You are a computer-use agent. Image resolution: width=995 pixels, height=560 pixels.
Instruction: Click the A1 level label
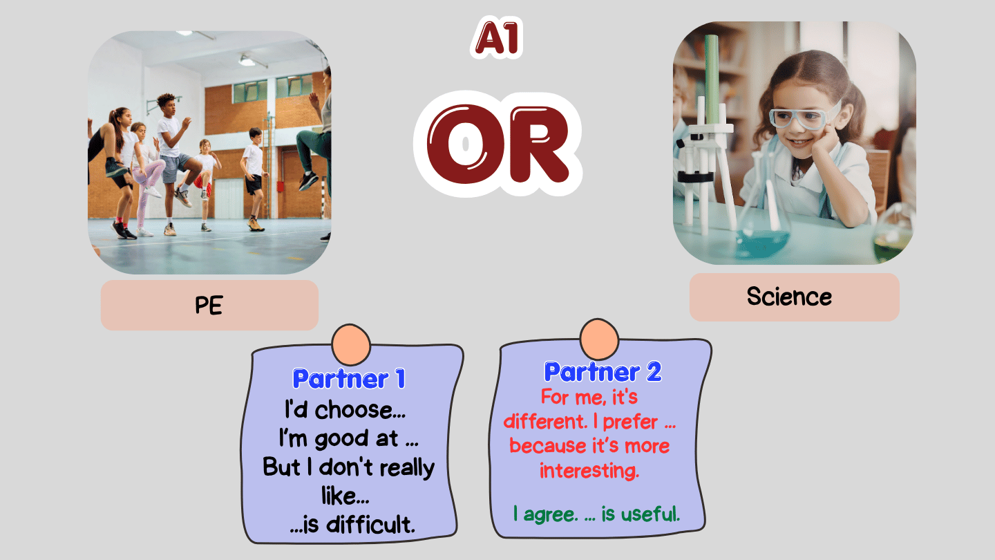pos(497,38)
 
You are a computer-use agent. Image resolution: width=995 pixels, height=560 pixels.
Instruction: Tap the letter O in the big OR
pos(464,144)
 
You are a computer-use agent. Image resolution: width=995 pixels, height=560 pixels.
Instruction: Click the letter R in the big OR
pos(539,144)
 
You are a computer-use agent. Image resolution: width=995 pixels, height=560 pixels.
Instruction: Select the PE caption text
pos(209,306)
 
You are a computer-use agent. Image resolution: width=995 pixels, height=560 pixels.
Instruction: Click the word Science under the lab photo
pos(789,297)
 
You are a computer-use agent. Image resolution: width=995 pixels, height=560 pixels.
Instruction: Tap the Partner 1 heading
pos(349,379)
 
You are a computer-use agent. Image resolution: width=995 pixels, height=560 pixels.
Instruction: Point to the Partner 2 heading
pos(603,372)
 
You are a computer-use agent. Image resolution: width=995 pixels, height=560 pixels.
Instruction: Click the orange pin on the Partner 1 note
pos(351,345)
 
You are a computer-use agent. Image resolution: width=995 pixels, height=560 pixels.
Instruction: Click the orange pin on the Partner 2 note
pos(599,339)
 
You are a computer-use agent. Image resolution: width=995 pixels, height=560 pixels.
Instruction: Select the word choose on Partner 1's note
pos(360,409)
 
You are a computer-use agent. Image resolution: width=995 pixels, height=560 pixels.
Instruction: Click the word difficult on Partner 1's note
pos(370,524)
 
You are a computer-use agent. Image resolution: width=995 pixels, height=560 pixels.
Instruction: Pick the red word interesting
pos(589,471)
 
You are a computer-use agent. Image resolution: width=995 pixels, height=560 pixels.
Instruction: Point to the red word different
pos(545,421)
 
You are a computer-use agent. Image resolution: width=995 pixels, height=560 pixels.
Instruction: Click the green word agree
pos(551,515)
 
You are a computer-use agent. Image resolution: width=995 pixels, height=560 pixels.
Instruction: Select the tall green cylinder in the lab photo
pos(712,80)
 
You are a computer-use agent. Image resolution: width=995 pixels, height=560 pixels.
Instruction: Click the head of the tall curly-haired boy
pos(167,104)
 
